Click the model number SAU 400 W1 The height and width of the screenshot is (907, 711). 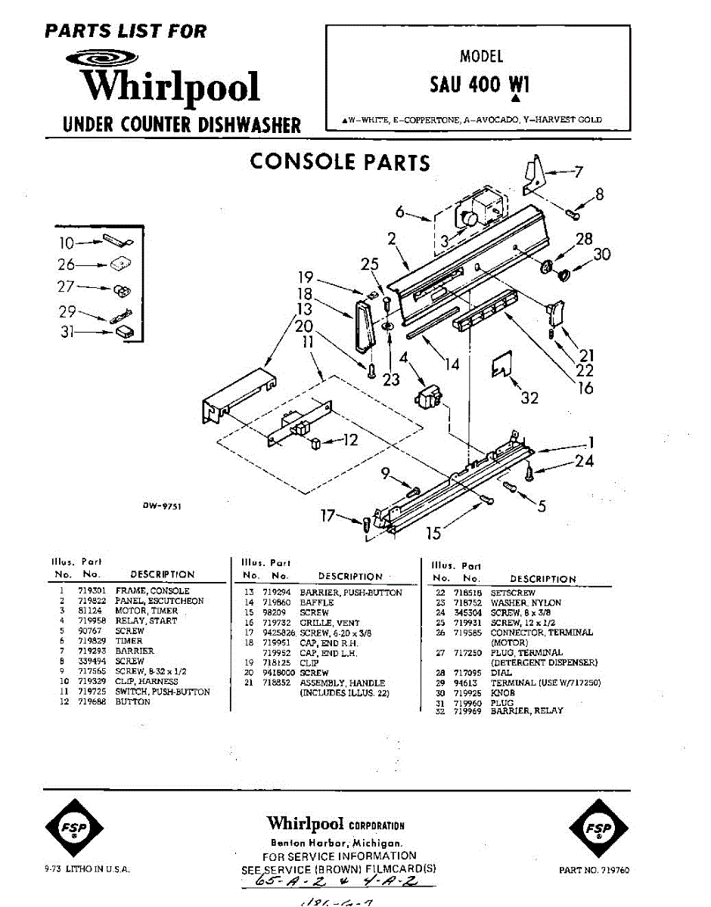(480, 84)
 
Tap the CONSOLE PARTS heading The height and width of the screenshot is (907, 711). (340, 162)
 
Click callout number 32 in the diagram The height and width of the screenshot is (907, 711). (529, 398)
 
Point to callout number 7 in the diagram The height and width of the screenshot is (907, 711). (579, 172)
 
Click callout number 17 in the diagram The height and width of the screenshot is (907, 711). (328, 516)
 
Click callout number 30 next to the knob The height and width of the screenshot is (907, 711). (601, 255)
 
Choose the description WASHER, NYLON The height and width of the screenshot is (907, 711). (526, 603)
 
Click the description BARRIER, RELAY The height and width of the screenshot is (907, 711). (526, 711)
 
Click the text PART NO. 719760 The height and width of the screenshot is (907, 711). (594, 870)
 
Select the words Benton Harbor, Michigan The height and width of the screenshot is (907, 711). (337, 843)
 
